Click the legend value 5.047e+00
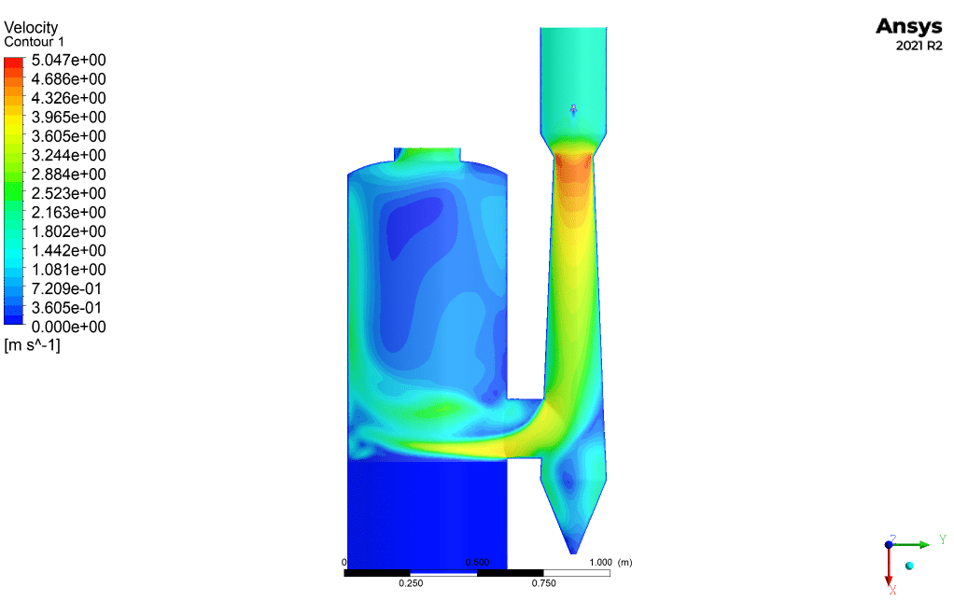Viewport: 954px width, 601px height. click(x=69, y=61)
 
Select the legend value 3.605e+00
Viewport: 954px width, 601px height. click(x=69, y=136)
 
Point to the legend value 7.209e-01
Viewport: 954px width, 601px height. click(x=66, y=288)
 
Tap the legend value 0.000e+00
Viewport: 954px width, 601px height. click(x=69, y=327)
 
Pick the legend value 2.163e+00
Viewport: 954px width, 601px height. click(x=69, y=212)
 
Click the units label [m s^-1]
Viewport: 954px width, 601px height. click(x=33, y=345)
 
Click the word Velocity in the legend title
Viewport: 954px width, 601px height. click(x=31, y=27)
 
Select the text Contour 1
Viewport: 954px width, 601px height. click(x=34, y=42)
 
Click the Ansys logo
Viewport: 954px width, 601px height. click(x=909, y=27)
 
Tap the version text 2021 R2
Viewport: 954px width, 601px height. click(x=919, y=46)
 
